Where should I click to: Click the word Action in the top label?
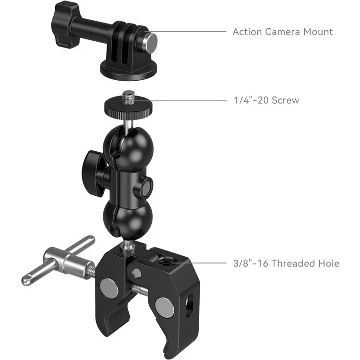click(247, 32)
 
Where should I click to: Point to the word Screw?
click(284, 100)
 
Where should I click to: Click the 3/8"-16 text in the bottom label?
click(251, 263)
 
